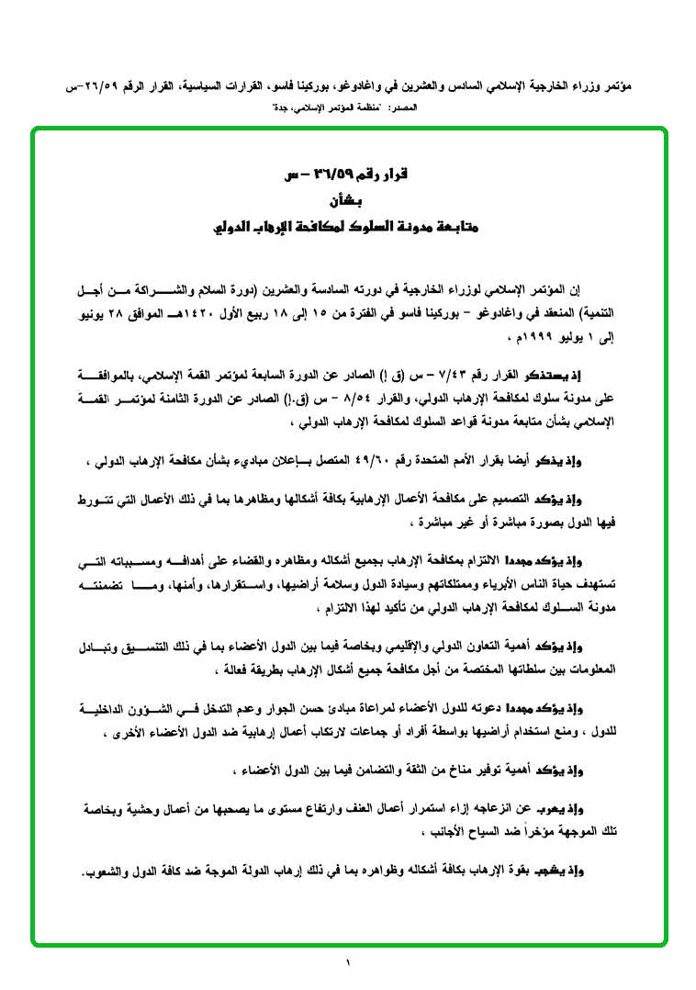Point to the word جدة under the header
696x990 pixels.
tap(286, 108)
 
